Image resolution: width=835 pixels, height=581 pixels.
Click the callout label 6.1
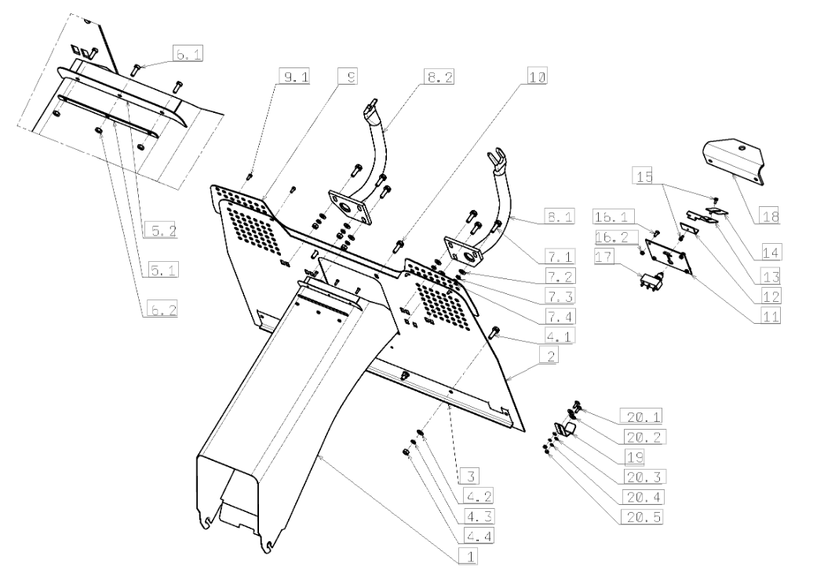[x=188, y=54]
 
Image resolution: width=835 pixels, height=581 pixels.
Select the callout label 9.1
[x=294, y=77]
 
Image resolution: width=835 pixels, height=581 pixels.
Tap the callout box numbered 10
[x=538, y=77]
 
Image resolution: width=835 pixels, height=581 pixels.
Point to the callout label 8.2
[x=439, y=77]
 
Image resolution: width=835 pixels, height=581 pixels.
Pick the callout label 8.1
[x=560, y=216]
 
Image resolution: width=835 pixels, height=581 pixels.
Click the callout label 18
[x=770, y=216]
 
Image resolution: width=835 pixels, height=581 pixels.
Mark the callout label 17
[x=604, y=257]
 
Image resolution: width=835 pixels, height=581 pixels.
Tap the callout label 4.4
[x=479, y=536]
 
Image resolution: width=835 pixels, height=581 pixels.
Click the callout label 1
[x=469, y=557]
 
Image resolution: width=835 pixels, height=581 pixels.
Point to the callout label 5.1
[x=162, y=270]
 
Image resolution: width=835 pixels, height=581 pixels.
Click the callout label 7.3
[x=560, y=296]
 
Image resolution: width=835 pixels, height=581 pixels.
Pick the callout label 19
[x=634, y=456]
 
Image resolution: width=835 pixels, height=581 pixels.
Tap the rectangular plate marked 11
[x=667, y=257]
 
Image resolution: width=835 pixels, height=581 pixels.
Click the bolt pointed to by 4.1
[x=493, y=332]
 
